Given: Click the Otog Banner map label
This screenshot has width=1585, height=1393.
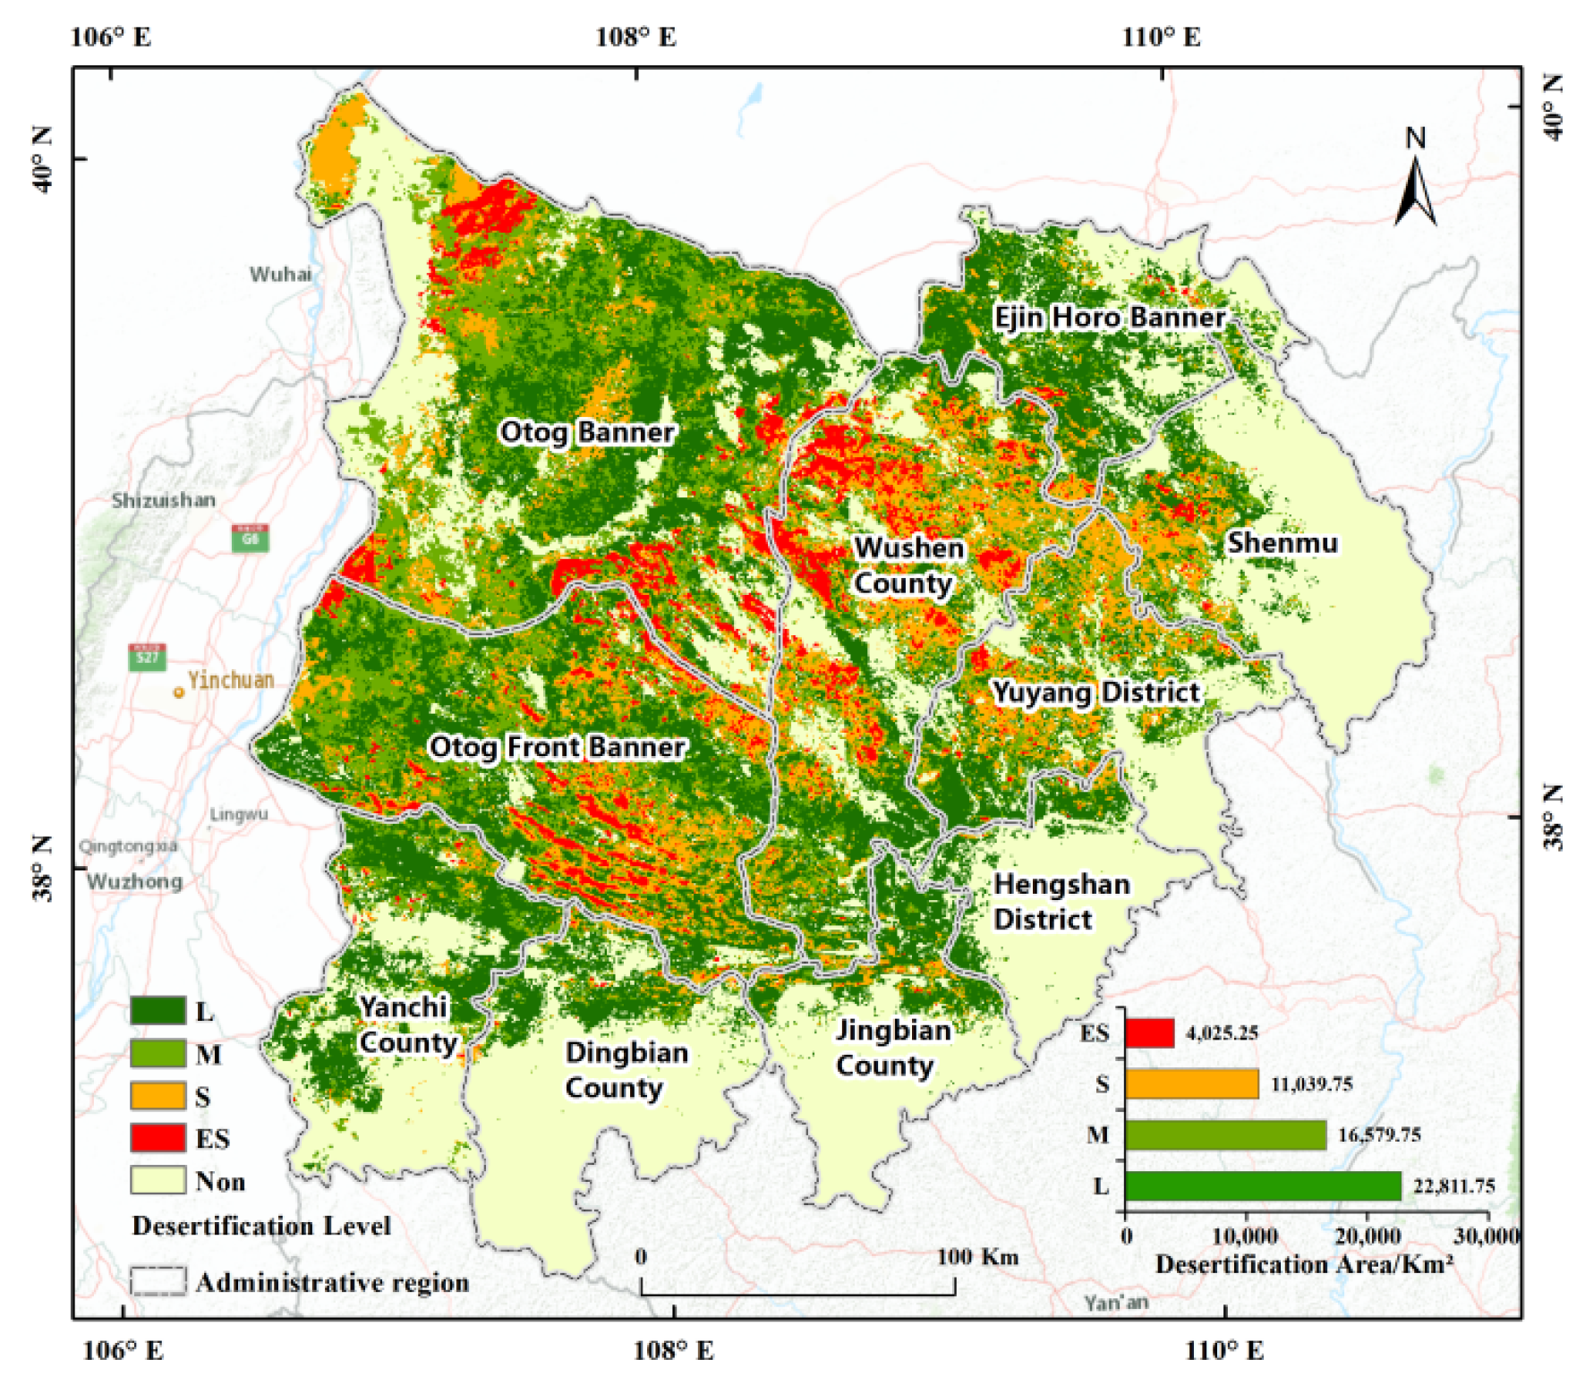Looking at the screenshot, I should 586,432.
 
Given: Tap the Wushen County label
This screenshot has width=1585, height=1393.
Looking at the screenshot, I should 907,565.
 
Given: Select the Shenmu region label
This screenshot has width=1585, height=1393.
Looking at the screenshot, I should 1282,543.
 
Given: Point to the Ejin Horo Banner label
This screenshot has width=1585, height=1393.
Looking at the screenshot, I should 1109,318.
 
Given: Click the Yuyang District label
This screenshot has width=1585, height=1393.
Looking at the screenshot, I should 1095,692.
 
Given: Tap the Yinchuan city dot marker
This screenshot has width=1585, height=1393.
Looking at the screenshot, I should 179,692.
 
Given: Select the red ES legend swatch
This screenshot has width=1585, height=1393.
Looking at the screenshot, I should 158,1138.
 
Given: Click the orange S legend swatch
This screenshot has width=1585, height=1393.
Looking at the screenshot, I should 158,1096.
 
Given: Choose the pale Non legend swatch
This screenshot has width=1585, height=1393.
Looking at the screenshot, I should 158,1180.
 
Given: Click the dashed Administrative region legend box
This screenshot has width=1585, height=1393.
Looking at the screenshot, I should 158,1281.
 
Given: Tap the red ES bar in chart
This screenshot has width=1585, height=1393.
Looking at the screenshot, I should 1149,1032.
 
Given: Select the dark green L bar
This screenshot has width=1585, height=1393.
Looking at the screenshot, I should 1262,1186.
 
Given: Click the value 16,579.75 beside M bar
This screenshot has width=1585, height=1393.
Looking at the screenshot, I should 1379,1135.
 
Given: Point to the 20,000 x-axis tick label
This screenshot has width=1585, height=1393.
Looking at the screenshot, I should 1366,1236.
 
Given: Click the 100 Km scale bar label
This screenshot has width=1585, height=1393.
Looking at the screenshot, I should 976,1257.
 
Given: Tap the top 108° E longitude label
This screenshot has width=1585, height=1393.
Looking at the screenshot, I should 635,37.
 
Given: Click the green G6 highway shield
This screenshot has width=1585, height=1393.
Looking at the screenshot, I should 250,539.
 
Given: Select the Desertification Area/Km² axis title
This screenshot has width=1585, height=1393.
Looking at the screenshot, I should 1303,1264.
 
